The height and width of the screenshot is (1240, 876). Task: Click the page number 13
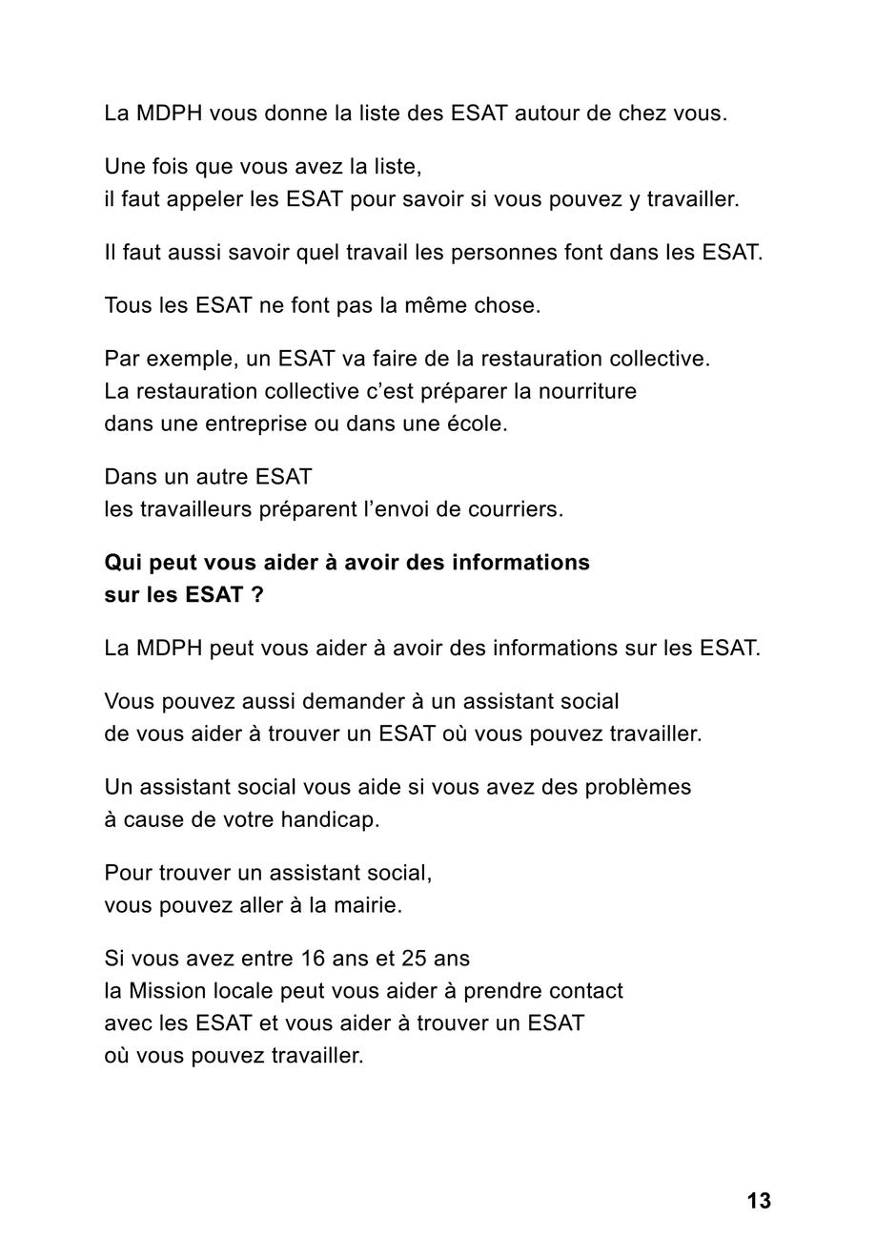(x=759, y=1201)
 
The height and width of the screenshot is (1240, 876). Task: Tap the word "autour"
(x=548, y=114)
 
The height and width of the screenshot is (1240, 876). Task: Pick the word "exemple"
(x=194, y=360)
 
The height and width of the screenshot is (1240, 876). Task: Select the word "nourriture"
(x=587, y=392)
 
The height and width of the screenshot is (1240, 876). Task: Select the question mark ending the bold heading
(x=257, y=595)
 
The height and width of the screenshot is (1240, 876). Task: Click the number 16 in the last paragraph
(x=313, y=959)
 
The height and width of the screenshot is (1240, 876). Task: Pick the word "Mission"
(x=168, y=991)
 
